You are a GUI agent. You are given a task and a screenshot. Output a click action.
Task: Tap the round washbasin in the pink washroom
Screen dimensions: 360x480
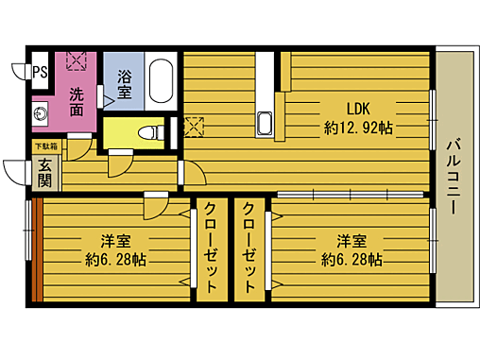41,114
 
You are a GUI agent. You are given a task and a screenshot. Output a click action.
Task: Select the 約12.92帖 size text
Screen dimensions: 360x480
358,128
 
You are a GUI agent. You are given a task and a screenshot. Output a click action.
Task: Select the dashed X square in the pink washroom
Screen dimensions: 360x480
77,60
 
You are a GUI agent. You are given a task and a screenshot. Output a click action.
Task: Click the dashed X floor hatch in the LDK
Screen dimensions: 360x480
194,125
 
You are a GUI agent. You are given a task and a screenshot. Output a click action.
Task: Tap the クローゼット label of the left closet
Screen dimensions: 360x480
211,248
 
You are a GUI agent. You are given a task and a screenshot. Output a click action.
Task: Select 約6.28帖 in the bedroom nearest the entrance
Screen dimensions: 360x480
114,259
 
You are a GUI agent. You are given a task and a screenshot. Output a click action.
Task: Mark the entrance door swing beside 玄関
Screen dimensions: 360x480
16,174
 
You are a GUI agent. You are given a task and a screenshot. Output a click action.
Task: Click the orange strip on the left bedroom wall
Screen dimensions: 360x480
36,249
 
